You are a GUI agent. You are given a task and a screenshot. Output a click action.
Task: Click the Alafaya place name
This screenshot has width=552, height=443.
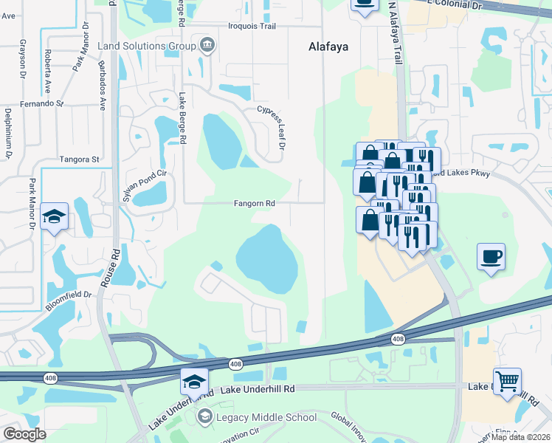click(x=328, y=47)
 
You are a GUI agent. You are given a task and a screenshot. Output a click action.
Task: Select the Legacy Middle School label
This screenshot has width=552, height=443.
click(x=266, y=417)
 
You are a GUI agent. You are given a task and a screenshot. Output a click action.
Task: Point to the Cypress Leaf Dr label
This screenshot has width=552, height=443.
click(x=270, y=127)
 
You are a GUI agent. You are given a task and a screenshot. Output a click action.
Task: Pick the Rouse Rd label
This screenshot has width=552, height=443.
click(x=115, y=263)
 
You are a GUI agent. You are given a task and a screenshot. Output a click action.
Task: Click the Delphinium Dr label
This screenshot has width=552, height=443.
click(x=10, y=133)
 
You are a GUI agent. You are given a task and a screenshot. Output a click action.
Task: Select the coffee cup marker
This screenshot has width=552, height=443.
click(x=491, y=257)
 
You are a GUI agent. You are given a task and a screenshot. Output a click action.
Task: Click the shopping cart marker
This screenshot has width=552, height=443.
click(x=507, y=382)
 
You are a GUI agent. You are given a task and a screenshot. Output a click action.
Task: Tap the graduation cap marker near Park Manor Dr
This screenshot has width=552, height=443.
click(x=55, y=216)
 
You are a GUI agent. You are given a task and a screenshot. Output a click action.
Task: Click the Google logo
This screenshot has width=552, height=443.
click(x=24, y=433)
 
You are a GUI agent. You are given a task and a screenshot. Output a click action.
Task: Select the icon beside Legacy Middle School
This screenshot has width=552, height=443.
click(x=204, y=417)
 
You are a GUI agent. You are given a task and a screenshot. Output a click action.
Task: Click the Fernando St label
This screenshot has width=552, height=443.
click(x=42, y=104)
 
